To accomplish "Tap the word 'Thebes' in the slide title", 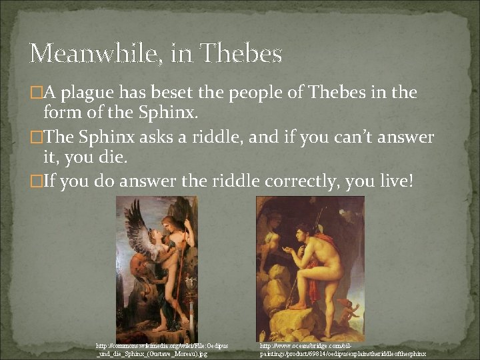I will pos(241,53).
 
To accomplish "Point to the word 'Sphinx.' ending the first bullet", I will pos(169,113).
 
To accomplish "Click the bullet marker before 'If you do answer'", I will pos(37,181).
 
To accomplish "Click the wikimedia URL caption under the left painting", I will pos(161,350).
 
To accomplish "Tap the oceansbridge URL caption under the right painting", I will pos(343,350).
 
